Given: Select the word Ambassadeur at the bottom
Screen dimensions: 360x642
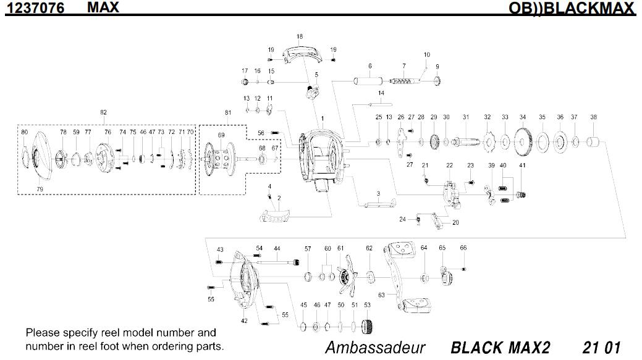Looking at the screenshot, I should pyautogui.click(x=375, y=347).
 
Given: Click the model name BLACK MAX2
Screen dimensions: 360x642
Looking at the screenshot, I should pyautogui.click(x=500, y=347).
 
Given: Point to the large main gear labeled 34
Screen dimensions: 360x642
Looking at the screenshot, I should pyautogui.click(x=523, y=142).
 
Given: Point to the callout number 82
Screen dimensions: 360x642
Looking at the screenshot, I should pyautogui.click(x=103, y=112).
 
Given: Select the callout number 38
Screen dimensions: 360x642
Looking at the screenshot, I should pyautogui.click(x=593, y=117).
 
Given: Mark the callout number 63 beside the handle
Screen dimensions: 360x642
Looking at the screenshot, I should pyautogui.click(x=381, y=295).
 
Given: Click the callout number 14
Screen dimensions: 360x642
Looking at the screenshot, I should pyautogui.click(x=381, y=93).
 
